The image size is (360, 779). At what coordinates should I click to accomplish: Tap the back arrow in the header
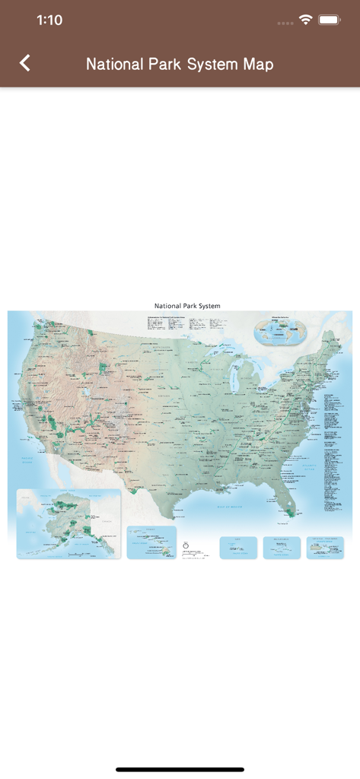pos(25,63)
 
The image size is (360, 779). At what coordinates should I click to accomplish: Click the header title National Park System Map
pos(180,64)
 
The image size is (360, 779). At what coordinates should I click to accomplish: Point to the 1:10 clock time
pos(49,21)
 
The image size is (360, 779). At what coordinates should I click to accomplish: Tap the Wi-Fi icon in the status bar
pos(306,21)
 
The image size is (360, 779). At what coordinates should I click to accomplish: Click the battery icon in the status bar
pos(330,21)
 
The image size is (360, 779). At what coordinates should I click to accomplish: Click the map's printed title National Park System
pos(187,306)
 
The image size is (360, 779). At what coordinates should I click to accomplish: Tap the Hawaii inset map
pos(151,542)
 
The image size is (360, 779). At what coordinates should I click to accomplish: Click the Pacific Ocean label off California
pos(28,461)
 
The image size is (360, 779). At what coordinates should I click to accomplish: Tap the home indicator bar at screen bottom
pos(180,769)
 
